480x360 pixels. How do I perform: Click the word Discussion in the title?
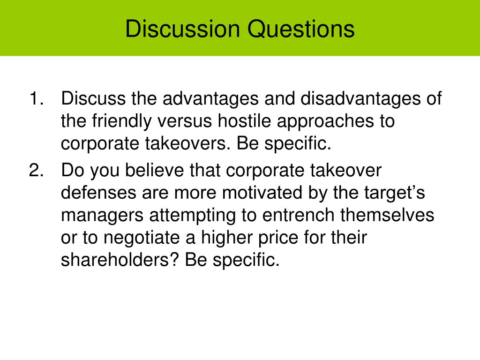pos(182,29)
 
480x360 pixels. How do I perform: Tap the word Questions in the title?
pos(301,30)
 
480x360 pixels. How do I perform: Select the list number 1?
pos(37,98)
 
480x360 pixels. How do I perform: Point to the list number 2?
pos(37,170)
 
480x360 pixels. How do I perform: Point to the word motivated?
pos(262,192)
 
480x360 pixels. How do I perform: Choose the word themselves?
pos(387,215)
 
